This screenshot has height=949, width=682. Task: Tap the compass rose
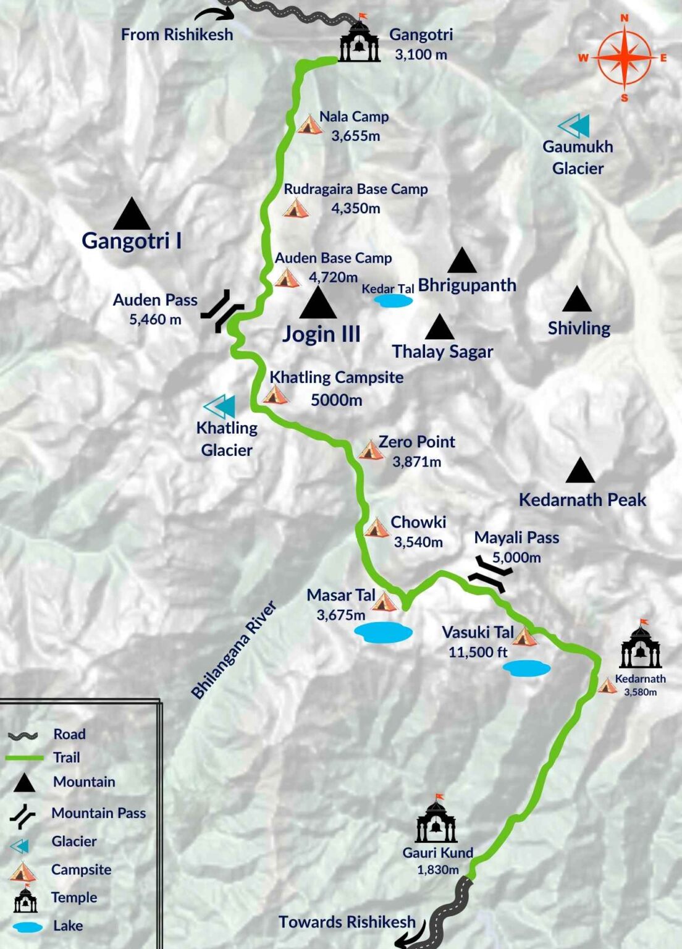click(x=624, y=57)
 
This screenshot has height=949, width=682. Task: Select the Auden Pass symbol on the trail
click(x=222, y=311)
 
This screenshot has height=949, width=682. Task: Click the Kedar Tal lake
click(x=393, y=301)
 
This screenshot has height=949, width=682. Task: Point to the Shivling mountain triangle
click(x=577, y=300)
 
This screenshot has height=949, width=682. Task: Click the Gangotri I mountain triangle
click(x=132, y=215)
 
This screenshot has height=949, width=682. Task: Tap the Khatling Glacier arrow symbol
click(x=220, y=407)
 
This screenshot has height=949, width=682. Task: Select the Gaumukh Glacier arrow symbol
click(x=574, y=126)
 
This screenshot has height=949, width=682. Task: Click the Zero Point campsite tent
click(x=371, y=450)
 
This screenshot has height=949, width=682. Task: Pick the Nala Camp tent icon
click(x=310, y=125)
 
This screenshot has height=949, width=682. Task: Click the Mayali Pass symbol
click(x=490, y=574)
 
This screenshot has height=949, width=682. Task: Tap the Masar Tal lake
click(x=383, y=633)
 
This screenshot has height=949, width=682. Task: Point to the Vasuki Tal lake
click(x=526, y=669)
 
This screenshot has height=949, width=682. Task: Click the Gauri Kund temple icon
click(x=436, y=822)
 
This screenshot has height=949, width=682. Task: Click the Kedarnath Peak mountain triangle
click(x=580, y=471)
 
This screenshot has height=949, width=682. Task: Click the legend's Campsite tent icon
click(x=23, y=872)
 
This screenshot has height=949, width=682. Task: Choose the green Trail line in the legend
click(x=25, y=757)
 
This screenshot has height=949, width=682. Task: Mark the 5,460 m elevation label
click(x=155, y=319)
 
